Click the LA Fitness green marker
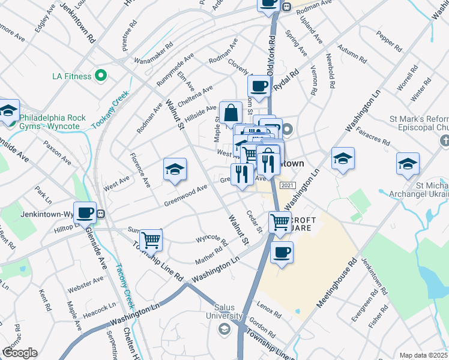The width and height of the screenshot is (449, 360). pyautogui.click(x=101, y=76)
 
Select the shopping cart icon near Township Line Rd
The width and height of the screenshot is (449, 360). pyautogui.click(x=151, y=240)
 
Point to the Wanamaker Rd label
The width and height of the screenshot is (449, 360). pyautogui.click(x=153, y=52)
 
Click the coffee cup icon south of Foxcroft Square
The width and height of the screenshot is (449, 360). pyautogui.click(x=282, y=252)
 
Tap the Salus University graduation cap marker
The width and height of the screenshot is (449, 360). pyautogui.click(x=224, y=328)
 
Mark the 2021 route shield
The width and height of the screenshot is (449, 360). pyautogui.click(x=288, y=185)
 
